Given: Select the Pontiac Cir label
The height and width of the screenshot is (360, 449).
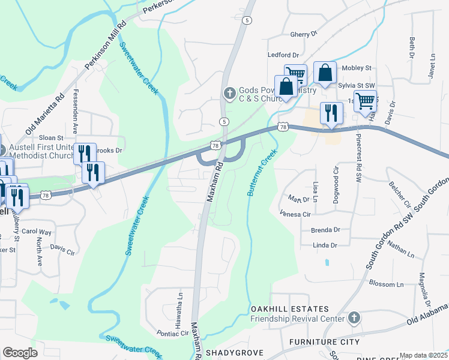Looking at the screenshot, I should [172, 334].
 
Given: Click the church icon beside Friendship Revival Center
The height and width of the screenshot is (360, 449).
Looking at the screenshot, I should [354, 317].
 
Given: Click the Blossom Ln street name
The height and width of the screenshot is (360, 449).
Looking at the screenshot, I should [387, 283].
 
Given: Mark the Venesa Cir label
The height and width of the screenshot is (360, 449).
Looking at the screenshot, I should [295, 214].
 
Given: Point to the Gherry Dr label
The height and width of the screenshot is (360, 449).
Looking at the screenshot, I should [303, 35].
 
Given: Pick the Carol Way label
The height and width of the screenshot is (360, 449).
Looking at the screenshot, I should [37, 231].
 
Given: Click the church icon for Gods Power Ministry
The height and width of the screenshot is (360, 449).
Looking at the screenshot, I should [229, 93].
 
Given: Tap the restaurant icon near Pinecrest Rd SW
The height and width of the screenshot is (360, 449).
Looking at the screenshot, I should [331, 113].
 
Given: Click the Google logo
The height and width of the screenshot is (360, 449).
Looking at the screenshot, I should [20, 353].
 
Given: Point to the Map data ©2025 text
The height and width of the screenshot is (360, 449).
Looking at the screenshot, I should [423, 355].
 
